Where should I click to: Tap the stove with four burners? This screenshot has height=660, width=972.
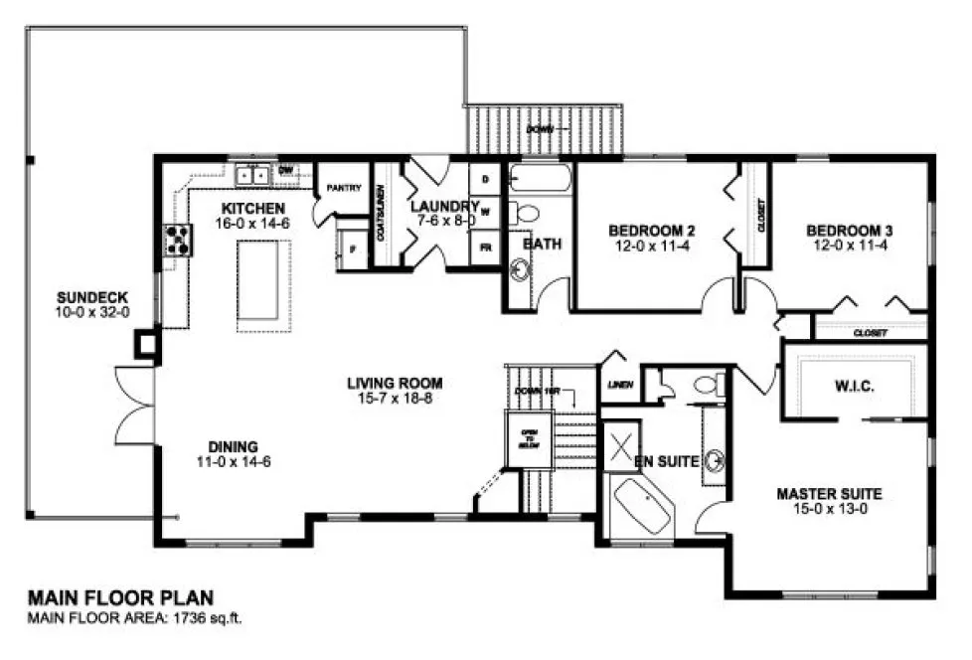tap(178, 240)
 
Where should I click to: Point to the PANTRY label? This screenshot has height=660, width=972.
tap(342, 187)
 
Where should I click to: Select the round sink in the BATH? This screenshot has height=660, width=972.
tap(520, 268)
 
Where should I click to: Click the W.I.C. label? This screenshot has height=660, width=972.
tap(855, 385)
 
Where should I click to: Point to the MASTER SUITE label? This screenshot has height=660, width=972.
tap(829, 493)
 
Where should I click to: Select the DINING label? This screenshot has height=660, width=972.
tap(234, 446)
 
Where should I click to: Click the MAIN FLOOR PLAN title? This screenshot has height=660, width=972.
tap(120, 598)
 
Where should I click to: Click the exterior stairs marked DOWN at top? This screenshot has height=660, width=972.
tap(545, 130)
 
